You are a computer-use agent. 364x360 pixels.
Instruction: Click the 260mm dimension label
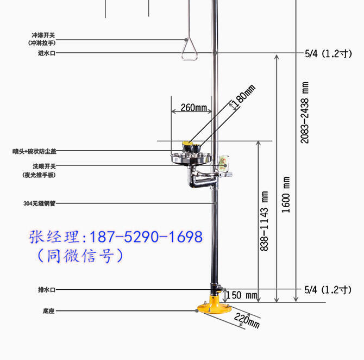[x=194, y=108]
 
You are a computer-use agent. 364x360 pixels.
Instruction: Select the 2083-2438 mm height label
[x=305, y=113]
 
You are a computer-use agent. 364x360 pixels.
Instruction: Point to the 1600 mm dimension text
[x=286, y=195]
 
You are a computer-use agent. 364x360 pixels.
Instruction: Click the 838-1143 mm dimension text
[x=264, y=221]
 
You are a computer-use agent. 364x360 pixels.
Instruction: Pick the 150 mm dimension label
[x=242, y=295]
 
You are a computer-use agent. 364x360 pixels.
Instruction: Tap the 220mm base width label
[x=247, y=320]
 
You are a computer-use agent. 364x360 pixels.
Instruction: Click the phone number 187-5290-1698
[x=146, y=237]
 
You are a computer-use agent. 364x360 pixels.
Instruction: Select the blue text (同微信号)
[x=80, y=256]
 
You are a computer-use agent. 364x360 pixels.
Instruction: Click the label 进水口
[x=47, y=53]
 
